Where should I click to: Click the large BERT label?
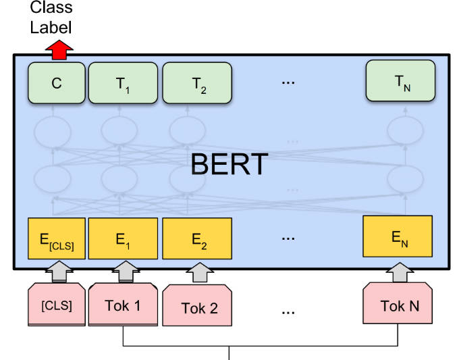[x=229, y=164]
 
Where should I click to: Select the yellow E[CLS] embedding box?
[x=57, y=238]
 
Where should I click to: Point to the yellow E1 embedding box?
[x=122, y=238]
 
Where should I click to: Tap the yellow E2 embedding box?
[x=197, y=239]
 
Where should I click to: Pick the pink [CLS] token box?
[x=57, y=305]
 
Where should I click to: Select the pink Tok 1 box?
[x=122, y=305]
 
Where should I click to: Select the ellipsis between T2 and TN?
[x=288, y=82]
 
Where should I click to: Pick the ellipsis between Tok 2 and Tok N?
[x=288, y=311]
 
